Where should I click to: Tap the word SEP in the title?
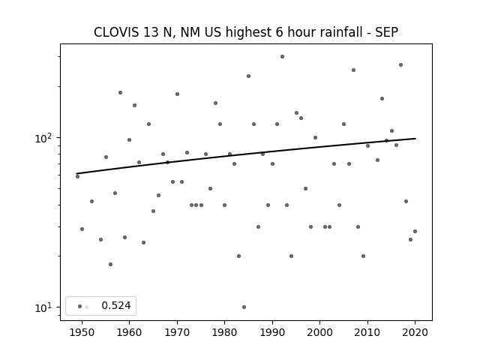click(x=387, y=32)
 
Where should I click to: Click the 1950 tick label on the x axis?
click(x=82, y=332)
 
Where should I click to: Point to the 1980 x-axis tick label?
click(x=224, y=332)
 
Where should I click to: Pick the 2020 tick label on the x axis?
click(x=415, y=332)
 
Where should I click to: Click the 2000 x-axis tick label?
click(x=319, y=332)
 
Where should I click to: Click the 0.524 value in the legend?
click(x=116, y=305)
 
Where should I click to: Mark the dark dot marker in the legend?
click(x=80, y=307)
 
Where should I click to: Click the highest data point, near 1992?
click(x=282, y=57)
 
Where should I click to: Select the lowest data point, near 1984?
click(x=244, y=307)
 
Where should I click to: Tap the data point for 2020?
click(x=415, y=232)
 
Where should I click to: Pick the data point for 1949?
click(x=77, y=177)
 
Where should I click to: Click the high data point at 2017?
click(x=400, y=65)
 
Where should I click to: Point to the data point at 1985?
click(x=248, y=76)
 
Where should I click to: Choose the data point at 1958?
click(x=120, y=93)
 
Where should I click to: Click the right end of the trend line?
click(x=415, y=139)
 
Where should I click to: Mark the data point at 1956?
click(x=110, y=265)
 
